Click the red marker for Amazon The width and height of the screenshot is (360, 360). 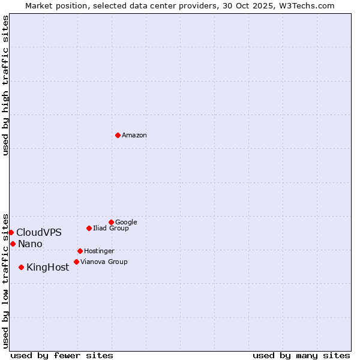click(118, 135)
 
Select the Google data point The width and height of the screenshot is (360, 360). click(111, 222)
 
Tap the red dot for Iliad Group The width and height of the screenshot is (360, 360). click(89, 228)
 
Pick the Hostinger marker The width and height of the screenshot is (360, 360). click(80, 251)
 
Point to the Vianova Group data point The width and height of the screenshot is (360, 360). click(76, 262)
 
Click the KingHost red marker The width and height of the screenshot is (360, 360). click(21, 267)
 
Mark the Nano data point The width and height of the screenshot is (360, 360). click(13, 244)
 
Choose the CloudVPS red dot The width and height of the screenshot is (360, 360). click(11, 232)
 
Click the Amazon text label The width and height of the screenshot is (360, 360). click(134, 136)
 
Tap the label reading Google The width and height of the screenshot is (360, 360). click(126, 222)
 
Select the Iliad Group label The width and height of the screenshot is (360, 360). click(111, 228)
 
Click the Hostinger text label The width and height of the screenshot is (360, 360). click(99, 251)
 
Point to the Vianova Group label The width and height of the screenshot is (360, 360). click(104, 262)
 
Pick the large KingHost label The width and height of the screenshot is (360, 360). click(48, 268)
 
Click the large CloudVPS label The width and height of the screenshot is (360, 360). click(39, 233)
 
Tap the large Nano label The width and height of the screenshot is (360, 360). click(30, 244)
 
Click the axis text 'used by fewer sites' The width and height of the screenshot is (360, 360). click(62, 355)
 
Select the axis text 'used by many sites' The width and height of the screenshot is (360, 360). click(301, 355)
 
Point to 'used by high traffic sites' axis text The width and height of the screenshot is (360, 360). click(5, 85)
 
